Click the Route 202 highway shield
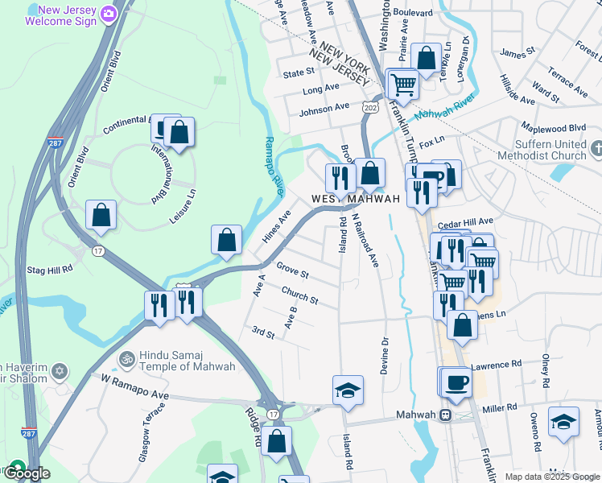[370, 106]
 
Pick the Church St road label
[299, 295]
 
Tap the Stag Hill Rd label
[50, 269]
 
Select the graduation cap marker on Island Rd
[348, 390]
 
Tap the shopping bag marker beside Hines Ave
[226, 239]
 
